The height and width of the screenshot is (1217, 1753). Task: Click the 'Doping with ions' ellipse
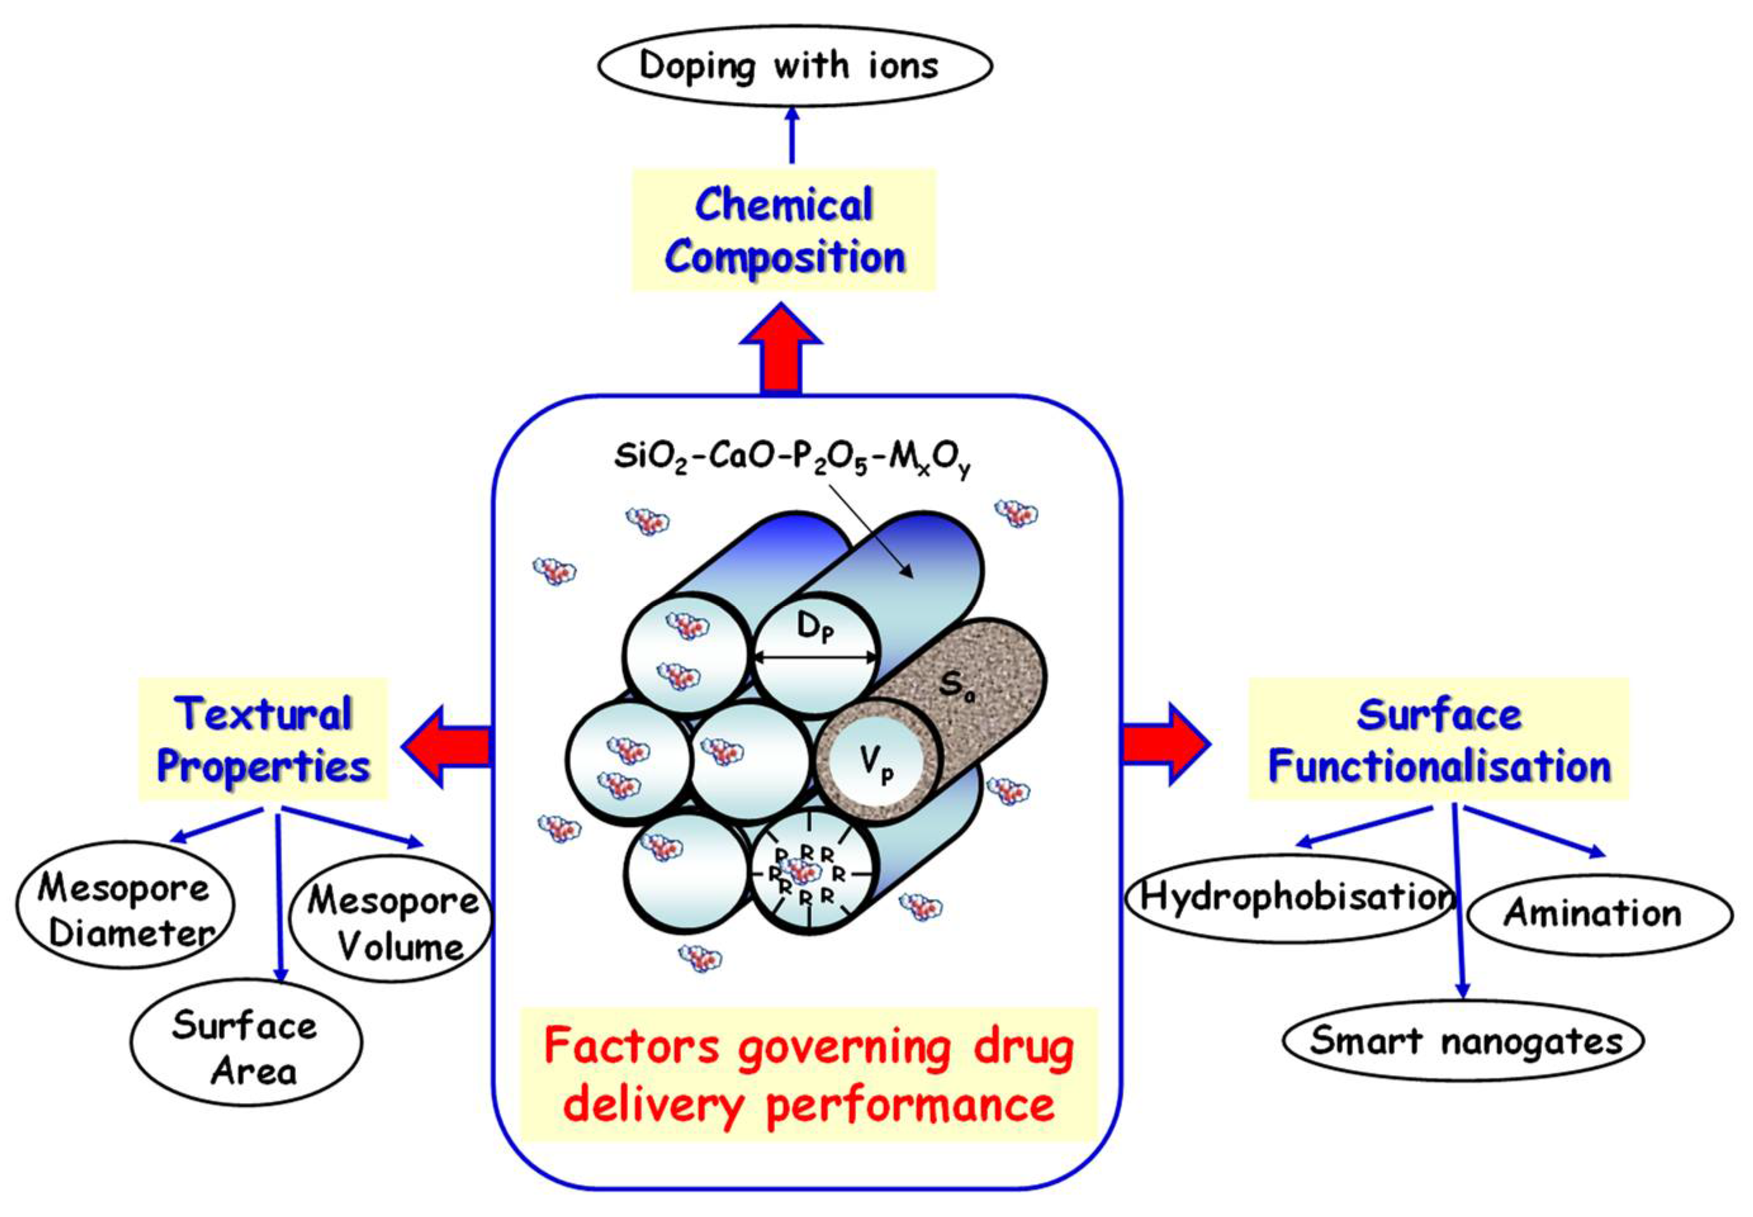click(x=793, y=67)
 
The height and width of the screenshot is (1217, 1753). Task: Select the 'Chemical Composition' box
click(x=783, y=230)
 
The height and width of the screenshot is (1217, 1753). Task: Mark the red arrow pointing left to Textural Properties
click(x=446, y=746)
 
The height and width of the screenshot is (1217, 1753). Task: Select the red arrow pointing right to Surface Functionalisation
click(x=1165, y=744)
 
